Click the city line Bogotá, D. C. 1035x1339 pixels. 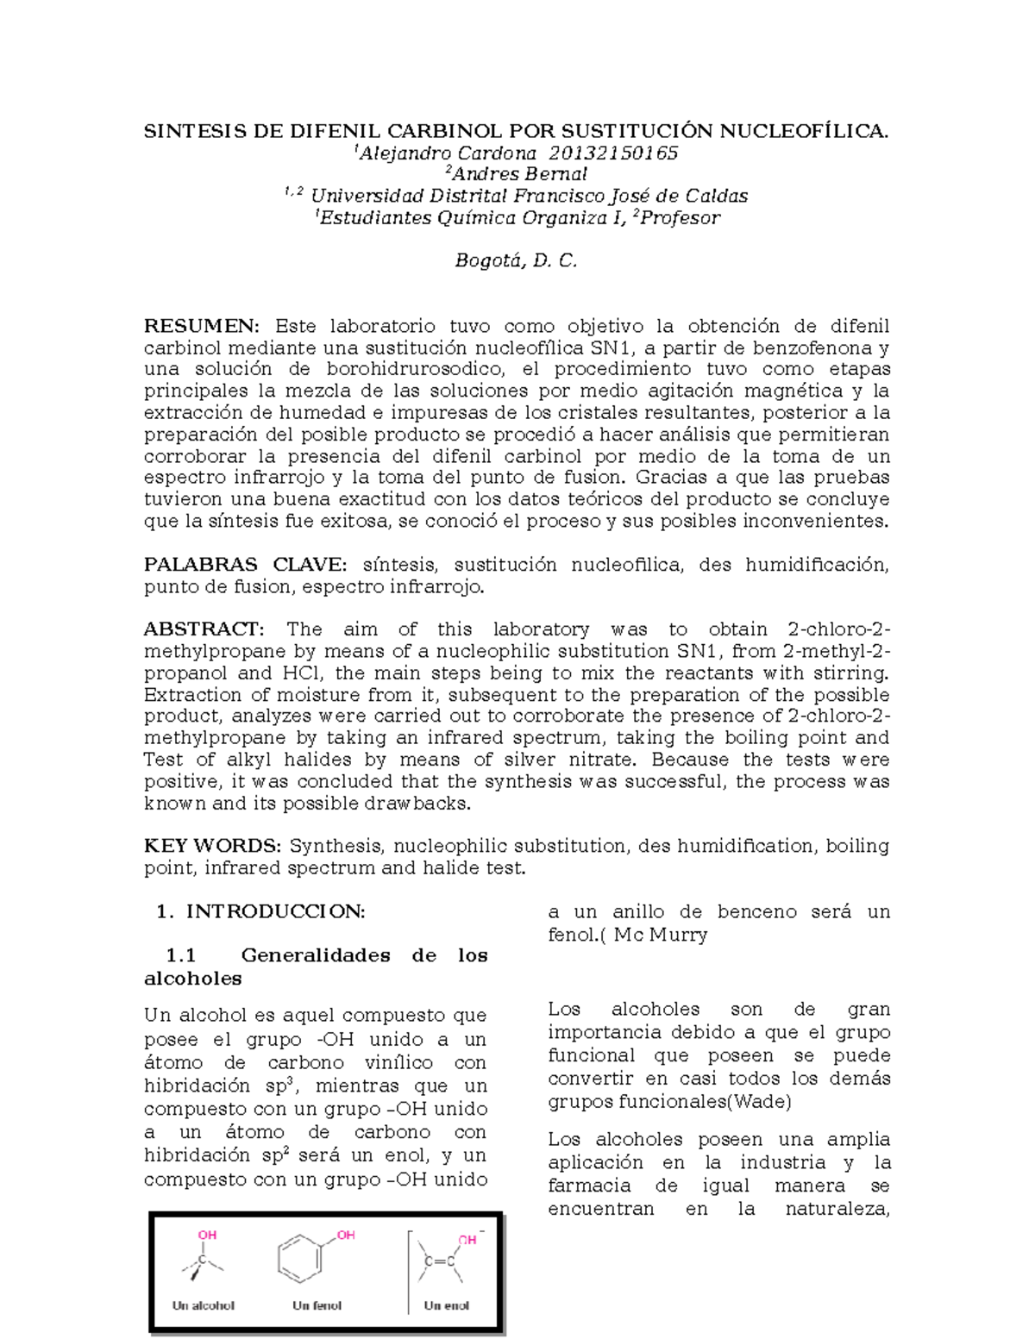(516, 260)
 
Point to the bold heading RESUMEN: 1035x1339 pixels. (201, 326)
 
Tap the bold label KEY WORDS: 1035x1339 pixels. (212, 846)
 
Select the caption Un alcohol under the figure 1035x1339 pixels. (204, 1305)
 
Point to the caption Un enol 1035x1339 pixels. (447, 1305)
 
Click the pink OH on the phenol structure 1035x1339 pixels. (346, 1235)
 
